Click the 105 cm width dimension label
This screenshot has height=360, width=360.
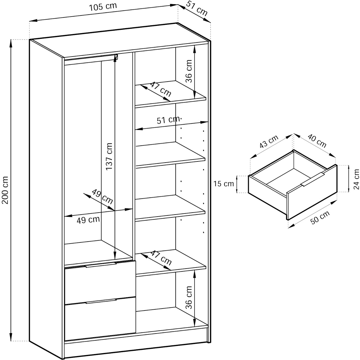103,7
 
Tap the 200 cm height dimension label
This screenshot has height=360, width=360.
5,190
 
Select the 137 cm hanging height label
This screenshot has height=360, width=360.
109,156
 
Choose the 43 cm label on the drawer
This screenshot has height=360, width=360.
269,141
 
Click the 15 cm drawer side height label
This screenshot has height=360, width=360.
224,184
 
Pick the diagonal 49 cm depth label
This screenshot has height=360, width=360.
102,197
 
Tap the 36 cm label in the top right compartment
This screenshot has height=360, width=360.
189,71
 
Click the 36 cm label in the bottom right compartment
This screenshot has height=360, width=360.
189,297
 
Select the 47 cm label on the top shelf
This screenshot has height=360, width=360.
161,89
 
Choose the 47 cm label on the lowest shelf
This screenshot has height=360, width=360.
161,258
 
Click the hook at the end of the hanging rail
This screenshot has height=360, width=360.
116,57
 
